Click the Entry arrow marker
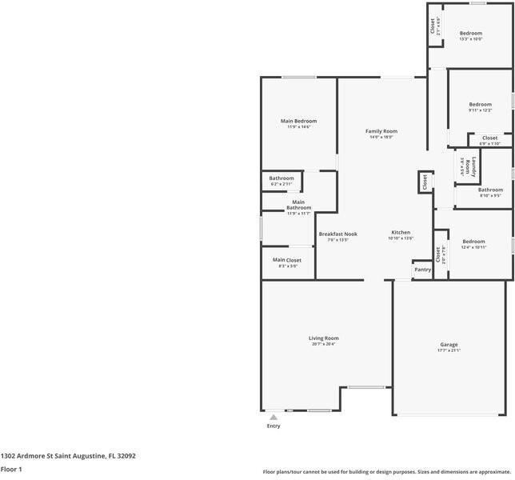273,417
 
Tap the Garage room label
449,345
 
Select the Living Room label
324,338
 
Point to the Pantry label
423,270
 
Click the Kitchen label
400,232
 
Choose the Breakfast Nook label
337,234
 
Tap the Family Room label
381,131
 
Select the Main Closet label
286,260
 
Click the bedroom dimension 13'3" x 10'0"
470,39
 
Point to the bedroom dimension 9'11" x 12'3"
480,110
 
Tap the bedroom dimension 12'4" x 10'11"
473,247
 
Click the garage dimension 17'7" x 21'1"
449,350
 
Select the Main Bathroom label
298,205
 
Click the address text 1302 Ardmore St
68,456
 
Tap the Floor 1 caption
11,469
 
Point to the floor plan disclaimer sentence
387,471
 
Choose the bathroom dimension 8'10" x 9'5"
490,195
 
